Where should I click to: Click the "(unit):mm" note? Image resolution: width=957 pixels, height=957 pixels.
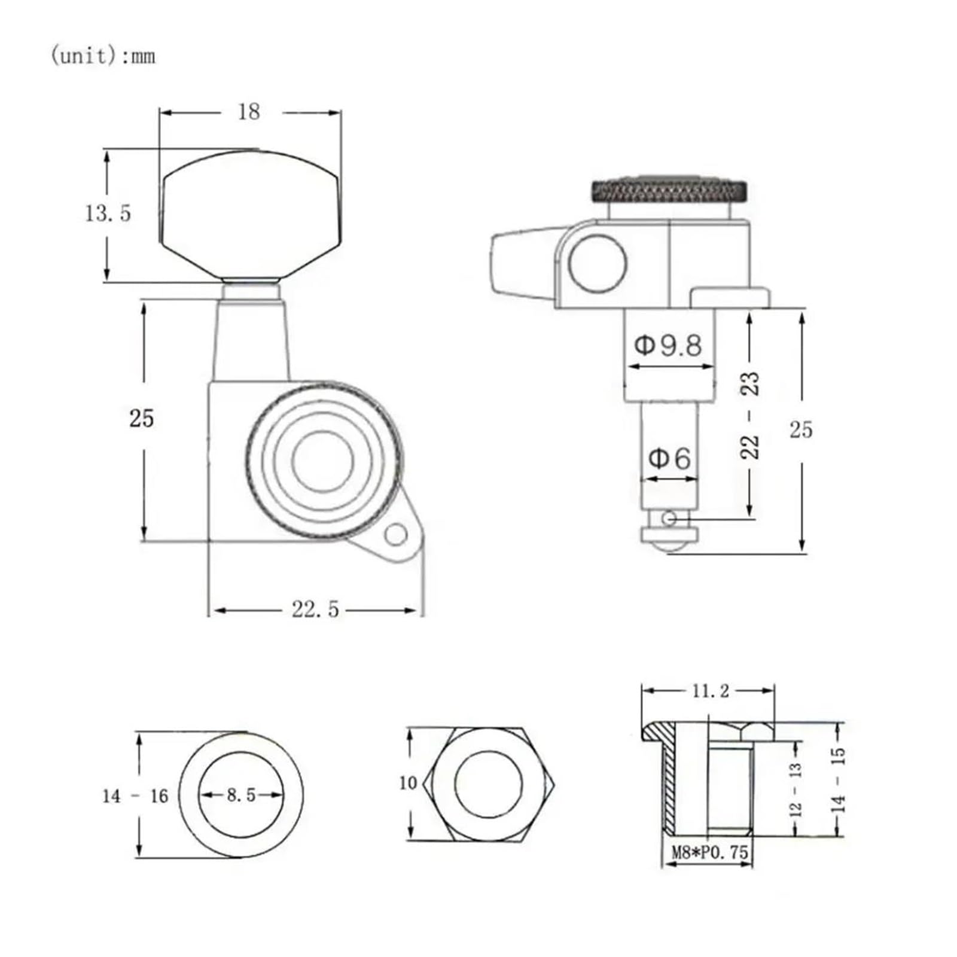coord(103,56)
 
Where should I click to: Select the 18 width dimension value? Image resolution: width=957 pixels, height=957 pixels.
coord(249,112)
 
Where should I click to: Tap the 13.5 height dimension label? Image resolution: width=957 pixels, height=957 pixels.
coord(108,213)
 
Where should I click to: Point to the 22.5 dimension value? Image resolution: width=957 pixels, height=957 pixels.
coord(315,609)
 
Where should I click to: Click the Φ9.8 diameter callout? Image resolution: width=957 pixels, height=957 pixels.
coord(668,345)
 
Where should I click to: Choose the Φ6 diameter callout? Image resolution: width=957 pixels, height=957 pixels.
coord(670,459)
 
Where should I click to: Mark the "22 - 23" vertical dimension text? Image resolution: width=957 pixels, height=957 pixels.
coord(750,415)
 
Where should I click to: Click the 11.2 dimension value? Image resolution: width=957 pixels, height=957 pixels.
coord(711,691)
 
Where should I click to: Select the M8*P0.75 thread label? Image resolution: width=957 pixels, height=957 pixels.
coord(709,852)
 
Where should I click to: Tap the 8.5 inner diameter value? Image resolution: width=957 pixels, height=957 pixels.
coord(241,795)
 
